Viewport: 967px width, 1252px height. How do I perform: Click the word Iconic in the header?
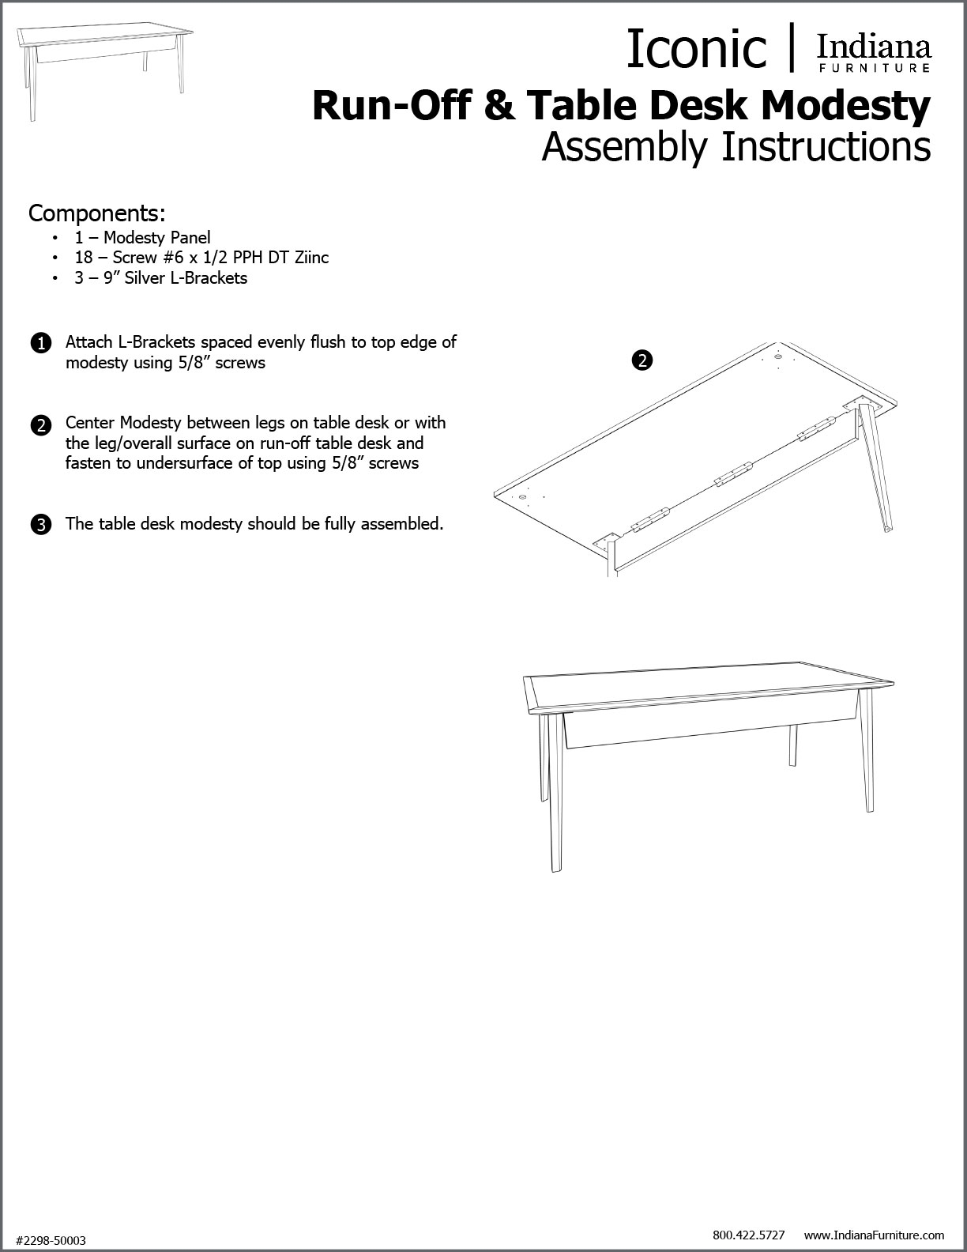tap(695, 49)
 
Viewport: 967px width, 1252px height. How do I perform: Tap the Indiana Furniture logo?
tap(873, 53)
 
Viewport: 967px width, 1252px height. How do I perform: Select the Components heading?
tap(96, 213)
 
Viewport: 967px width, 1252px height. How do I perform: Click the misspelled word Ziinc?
tap(309, 258)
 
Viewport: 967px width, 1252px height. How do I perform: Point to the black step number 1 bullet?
tap(40, 344)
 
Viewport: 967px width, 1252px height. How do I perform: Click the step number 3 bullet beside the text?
tap(40, 524)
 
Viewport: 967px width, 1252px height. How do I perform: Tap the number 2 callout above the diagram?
tap(642, 360)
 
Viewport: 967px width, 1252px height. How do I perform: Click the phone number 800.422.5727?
tap(748, 1234)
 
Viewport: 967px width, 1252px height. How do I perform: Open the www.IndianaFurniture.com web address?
tap(874, 1234)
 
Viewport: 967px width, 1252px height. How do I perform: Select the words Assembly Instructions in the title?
tap(736, 147)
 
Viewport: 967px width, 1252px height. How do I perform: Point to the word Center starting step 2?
tap(90, 423)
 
